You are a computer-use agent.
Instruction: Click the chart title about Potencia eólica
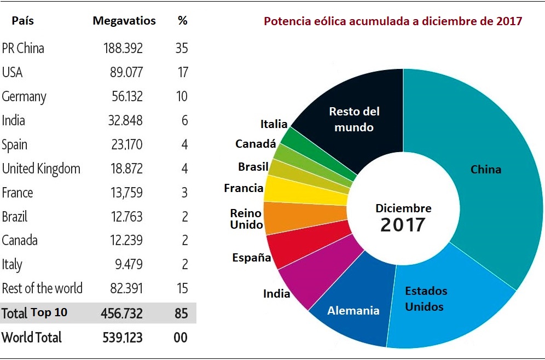click(x=393, y=21)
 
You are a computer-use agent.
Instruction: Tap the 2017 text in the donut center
click(x=403, y=224)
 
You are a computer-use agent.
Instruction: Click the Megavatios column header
click(x=124, y=21)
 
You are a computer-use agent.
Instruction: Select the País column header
click(x=22, y=21)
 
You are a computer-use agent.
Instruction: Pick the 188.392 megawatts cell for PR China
click(x=123, y=48)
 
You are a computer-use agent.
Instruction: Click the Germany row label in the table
click(x=24, y=97)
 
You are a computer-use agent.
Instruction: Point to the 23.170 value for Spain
click(x=125, y=144)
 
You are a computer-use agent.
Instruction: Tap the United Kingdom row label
click(x=41, y=169)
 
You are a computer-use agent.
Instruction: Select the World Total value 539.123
click(x=123, y=337)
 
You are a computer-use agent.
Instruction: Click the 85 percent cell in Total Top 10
click(x=181, y=313)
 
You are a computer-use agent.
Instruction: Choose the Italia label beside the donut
click(x=274, y=124)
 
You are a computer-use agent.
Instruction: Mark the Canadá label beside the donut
click(x=256, y=144)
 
